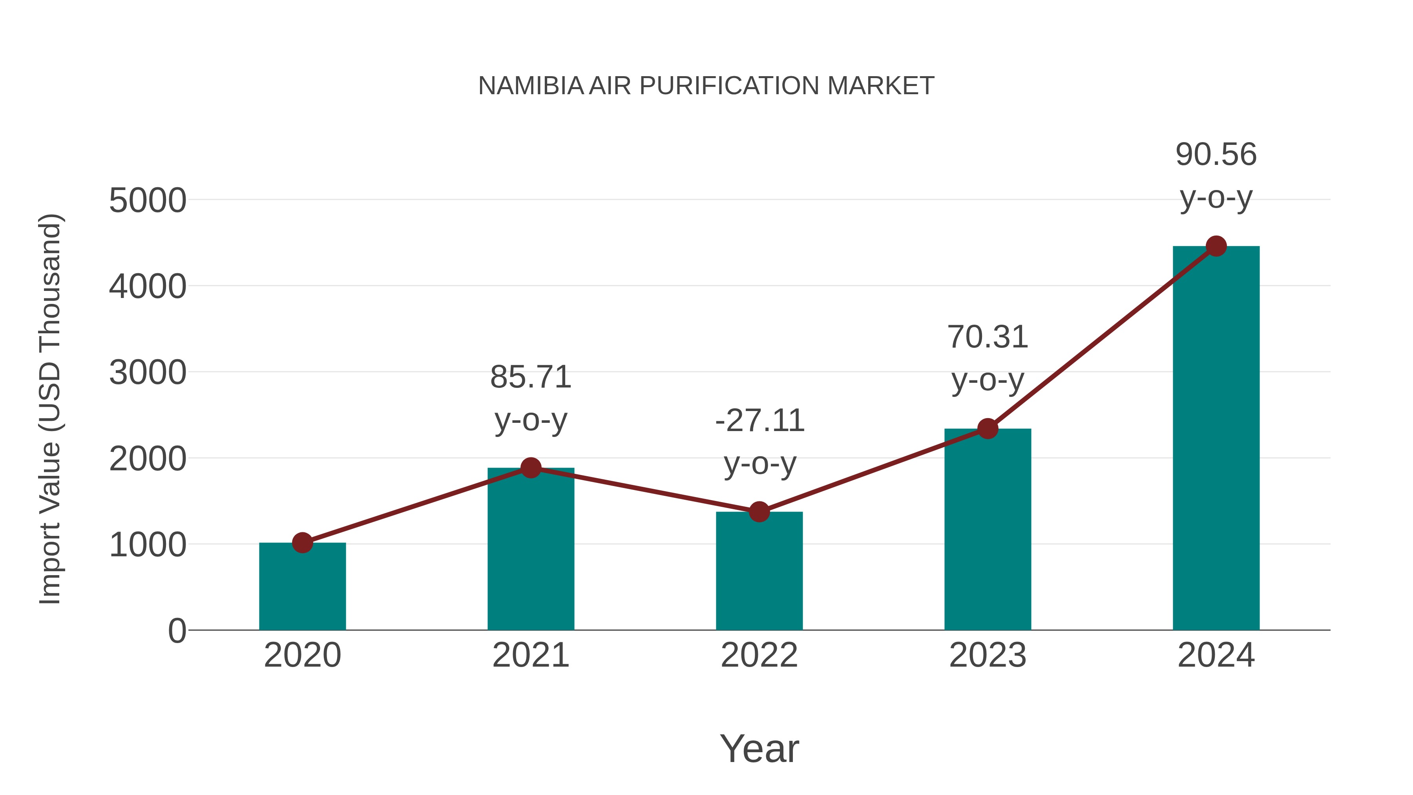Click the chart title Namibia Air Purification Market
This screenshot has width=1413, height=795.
pos(706,86)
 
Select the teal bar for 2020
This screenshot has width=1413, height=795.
pos(302,587)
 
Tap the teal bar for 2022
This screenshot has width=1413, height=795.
pos(759,572)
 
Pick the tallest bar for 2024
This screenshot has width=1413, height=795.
pos(1216,439)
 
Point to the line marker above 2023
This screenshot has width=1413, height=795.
pos(988,428)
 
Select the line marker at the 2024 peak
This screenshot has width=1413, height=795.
pos(1216,246)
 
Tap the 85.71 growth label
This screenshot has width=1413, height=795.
pos(530,377)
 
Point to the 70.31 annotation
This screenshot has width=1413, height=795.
pos(988,337)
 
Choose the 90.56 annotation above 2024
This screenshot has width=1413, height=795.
pos(1216,155)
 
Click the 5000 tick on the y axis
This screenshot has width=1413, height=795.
pos(148,201)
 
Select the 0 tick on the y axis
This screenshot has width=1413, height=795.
pos(177,631)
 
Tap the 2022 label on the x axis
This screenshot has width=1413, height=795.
pos(759,656)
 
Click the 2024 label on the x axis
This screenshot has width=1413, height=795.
pos(1216,656)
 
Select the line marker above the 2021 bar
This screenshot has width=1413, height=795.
pos(530,468)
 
